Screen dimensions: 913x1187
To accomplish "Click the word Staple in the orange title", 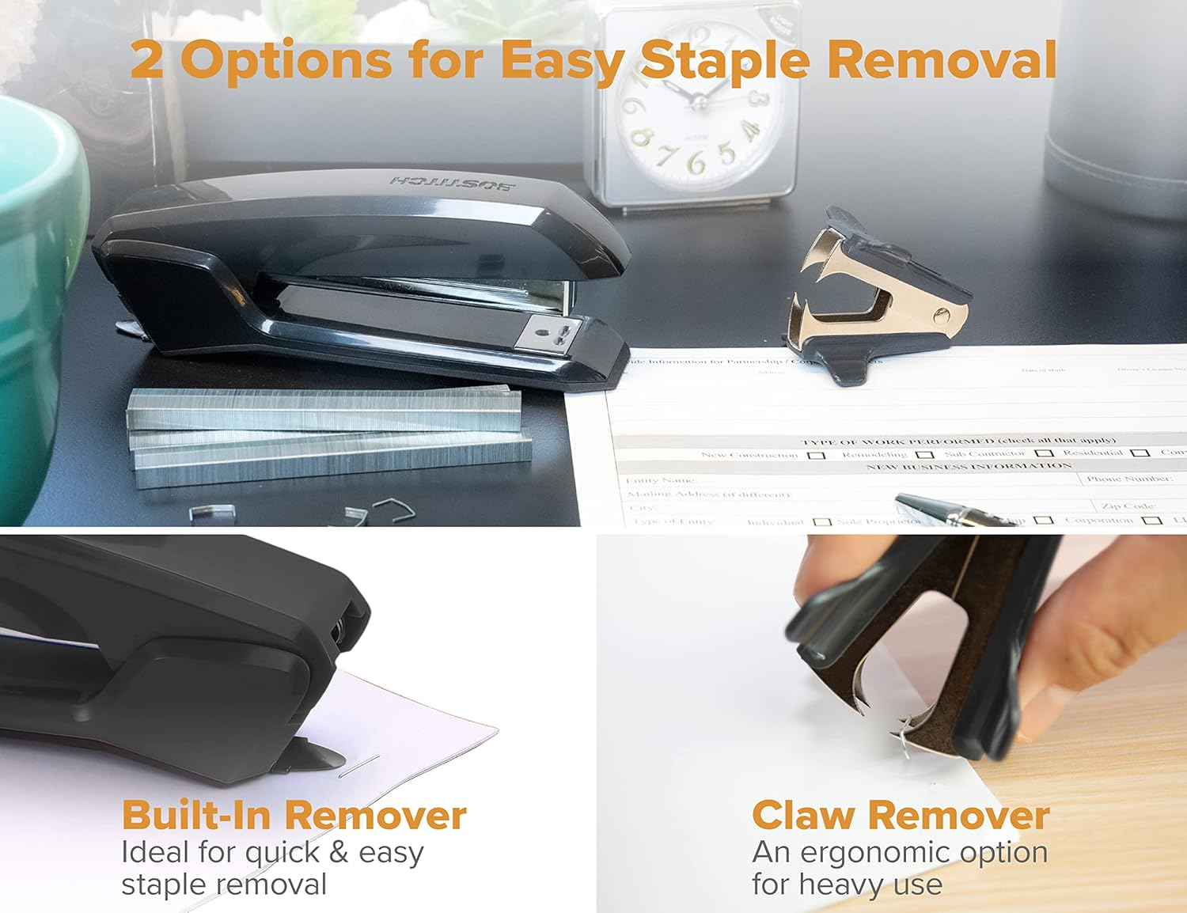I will tap(724, 61).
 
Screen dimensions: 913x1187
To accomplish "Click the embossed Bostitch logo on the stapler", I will tap(452, 183).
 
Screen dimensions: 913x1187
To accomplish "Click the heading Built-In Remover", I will tap(294, 815).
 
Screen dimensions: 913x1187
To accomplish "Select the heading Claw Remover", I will tap(901, 815).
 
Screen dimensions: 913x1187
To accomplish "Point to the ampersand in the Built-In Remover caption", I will tap(338, 852).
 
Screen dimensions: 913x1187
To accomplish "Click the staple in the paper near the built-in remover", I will tap(360, 766).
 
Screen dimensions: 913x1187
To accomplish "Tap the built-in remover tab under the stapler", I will tap(313, 756).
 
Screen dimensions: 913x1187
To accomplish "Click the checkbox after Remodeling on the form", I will tap(924, 455).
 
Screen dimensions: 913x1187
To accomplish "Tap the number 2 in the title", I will tap(148, 60).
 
